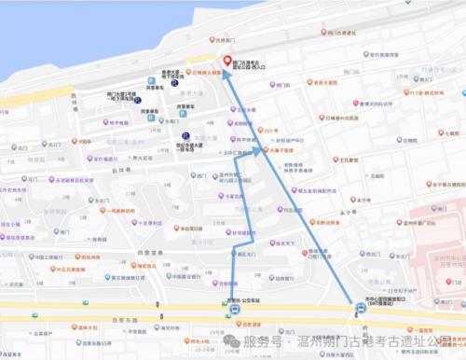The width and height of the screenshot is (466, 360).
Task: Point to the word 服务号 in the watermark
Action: click(263, 342)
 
